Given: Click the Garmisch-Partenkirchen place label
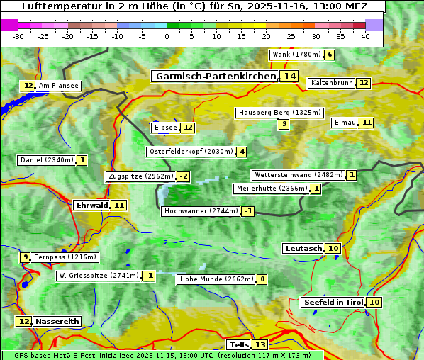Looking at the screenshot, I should tap(215, 76).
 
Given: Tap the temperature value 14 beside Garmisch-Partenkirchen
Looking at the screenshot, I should tap(289, 76).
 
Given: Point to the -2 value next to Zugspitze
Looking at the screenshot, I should tap(184, 176).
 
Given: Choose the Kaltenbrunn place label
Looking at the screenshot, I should tap(332, 83).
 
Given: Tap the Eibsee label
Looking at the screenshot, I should tap(165, 128).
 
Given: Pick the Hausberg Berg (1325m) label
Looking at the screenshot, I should tap(279, 113).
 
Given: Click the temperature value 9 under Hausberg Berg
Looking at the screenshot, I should tap(284, 124).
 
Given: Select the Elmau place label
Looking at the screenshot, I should tap(345, 123).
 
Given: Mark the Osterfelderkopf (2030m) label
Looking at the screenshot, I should tap(191, 152).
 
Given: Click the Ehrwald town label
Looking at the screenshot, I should tap(91, 205).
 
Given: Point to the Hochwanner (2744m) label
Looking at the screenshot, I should tap(201, 211).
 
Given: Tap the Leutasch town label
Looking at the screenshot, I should tap(303, 248).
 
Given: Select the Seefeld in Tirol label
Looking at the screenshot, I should tap(333, 302).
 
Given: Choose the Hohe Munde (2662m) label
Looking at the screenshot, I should tap(216, 279).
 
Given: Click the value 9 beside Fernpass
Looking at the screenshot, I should tap(26, 257).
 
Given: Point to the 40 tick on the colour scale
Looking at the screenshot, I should tap(365, 36).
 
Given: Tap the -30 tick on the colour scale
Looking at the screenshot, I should tap(18, 36).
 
